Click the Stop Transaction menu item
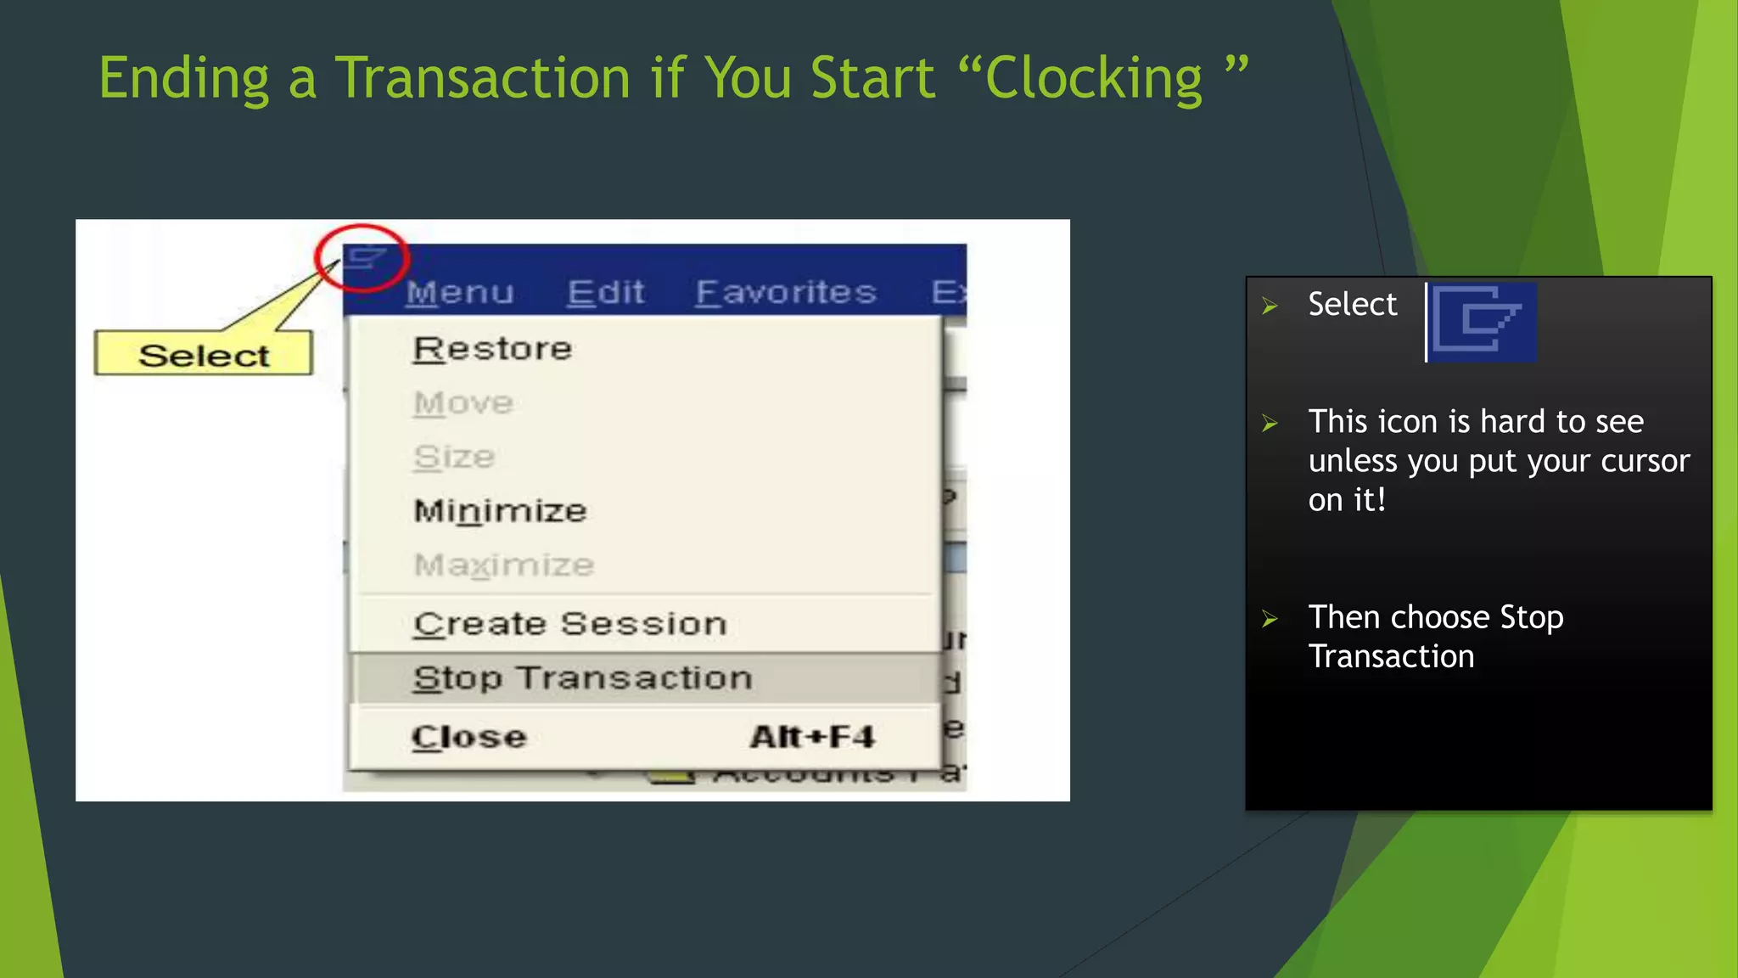click(x=582, y=678)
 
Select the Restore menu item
click(x=492, y=349)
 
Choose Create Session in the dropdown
click(x=569, y=624)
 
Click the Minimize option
click(x=500, y=511)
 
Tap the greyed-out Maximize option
click(x=503, y=565)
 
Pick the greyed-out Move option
click(x=463, y=403)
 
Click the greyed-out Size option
click(x=454, y=458)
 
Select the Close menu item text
click(x=469, y=737)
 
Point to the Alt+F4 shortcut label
click(x=812, y=737)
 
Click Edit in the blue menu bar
click(x=606, y=293)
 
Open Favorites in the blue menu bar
click(x=786, y=293)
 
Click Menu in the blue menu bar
click(x=460, y=293)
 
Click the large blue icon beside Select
click(x=1483, y=322)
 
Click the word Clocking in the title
click(x=1093, y=79)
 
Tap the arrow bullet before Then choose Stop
click(x=1270, y=619)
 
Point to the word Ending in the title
click(x=183, y=79)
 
